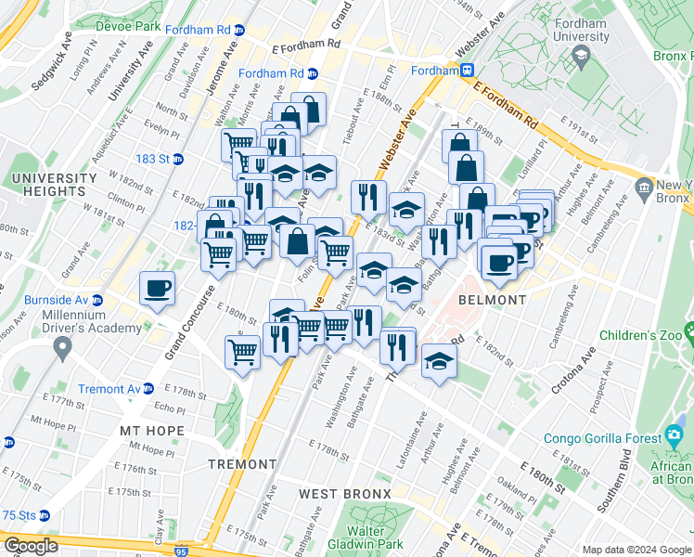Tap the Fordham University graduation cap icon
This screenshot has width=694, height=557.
click(x=582, y=57)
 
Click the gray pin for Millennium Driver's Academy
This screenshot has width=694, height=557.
click(x=62, y=349)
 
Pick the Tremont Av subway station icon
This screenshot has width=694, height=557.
click(x=148, y=389)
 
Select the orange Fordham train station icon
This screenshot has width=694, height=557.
click(x=469, y=70)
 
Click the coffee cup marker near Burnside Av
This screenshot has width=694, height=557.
click(x=157, y=288)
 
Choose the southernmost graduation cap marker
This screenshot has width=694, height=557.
click(x=439, y=360)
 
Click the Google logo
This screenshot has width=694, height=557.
click(x=31, y=546)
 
